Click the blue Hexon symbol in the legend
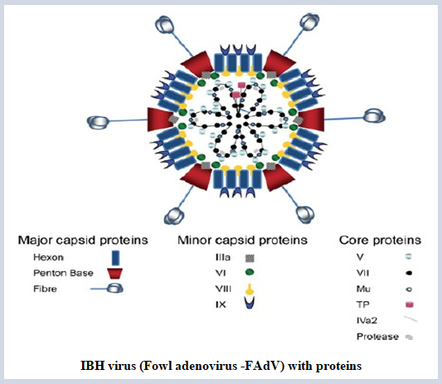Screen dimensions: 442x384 pyautogui.click(x=115, y=258)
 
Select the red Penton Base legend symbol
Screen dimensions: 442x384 pyautogui.click(x=114, y=274)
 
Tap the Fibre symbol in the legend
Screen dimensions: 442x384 pyautogui.click(x=107, y=289)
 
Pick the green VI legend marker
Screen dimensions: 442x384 pyautogui.click(x=250, y=272)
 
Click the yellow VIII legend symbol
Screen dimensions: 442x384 pyautogui.click(x=250, y=289)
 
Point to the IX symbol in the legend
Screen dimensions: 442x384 pyautogui.click(x=250, y=303)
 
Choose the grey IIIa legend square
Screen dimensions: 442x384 pyautogui.click(x=250, y=258)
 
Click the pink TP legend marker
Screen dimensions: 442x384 pyautogui.click(x=410, y=304)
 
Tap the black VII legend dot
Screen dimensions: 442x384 pyautogui.click(x=410, y=273)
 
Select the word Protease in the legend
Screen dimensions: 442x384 pyautogui.click(x=377, y=337)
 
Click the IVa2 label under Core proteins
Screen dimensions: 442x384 pyautogui.click(x=367, y=321)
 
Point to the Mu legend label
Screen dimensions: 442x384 pyautogui.click(x=363, y=289)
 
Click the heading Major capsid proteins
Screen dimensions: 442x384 pyautogui.click(x=83, y=241)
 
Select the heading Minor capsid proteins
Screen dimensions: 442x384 pyautogui.click(x=242, y=241)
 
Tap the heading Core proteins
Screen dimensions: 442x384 pyautogui.click(x=380, y=241)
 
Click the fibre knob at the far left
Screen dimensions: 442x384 pyautogui.click(x=98, y=123)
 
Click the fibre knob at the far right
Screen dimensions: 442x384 pyautogui.click(x=374, y=116)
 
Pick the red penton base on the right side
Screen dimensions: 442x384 pyautogui.click(x=312, y=119)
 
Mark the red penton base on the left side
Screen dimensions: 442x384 pyautogui.click(x=160, y=119)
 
